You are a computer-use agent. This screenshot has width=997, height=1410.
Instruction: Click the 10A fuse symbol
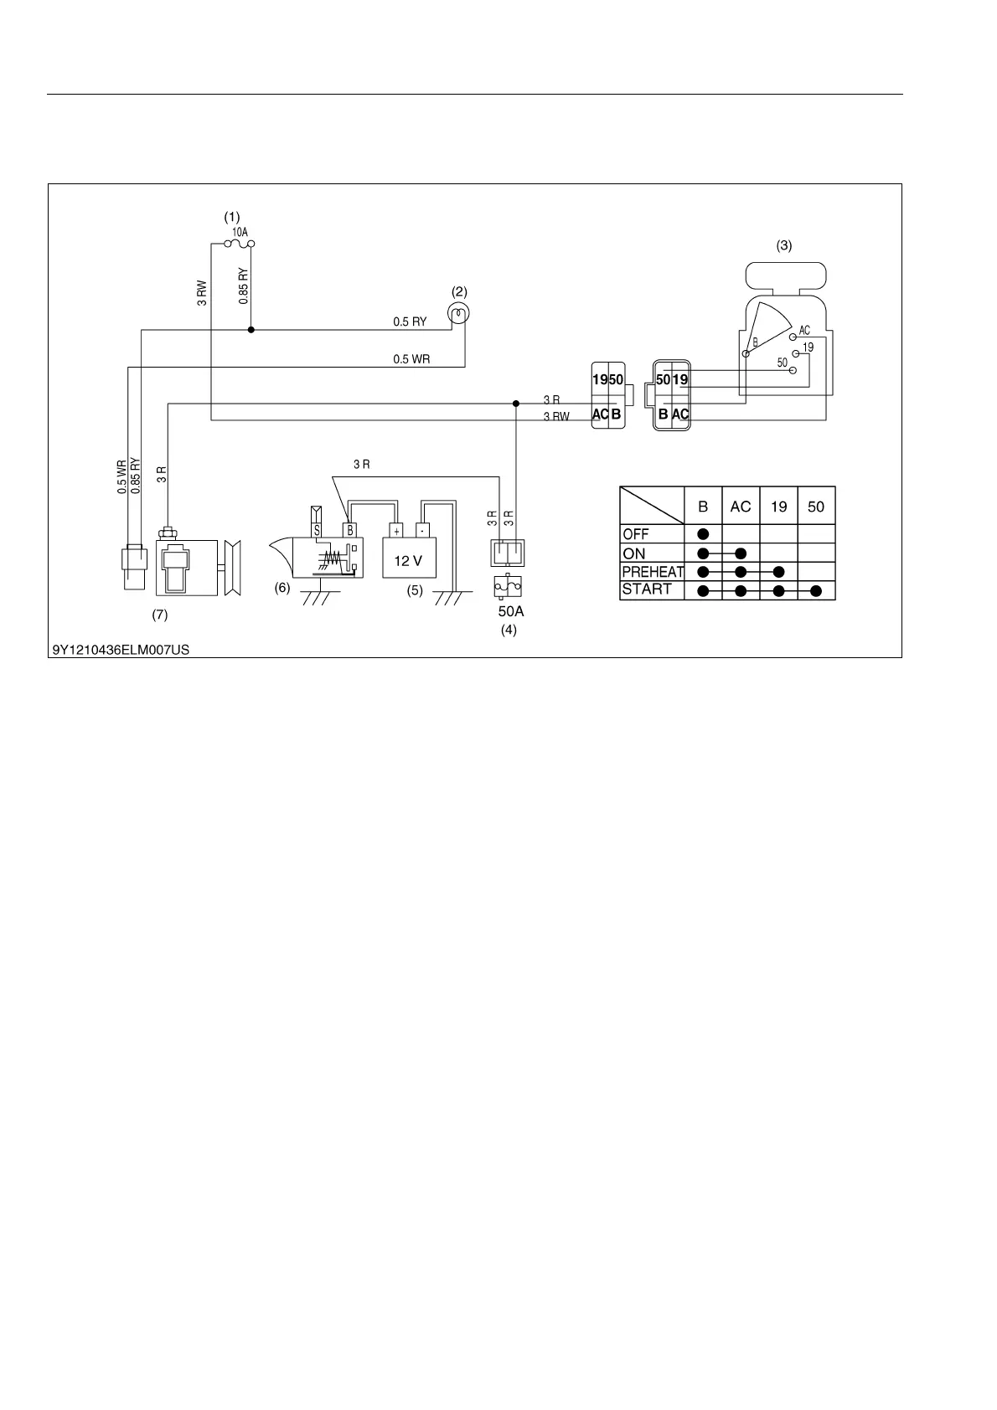(x=240, y=244)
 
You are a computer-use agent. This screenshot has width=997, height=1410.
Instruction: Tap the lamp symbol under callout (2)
(x=459, y=314)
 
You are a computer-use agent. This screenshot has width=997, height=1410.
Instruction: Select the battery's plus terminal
(x=395, y=530)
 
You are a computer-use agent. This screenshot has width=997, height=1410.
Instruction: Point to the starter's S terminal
(x=317, y=530)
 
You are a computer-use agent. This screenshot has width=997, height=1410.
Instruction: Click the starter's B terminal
(x=350, y=530)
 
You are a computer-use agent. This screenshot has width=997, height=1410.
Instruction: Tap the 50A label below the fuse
(x=510, y=612)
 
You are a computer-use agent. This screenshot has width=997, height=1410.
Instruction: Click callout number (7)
(x=160, y=615)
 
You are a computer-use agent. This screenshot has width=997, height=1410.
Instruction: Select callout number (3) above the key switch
(x=783, y=246)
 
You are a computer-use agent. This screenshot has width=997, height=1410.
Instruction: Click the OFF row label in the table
(x=636, y=534)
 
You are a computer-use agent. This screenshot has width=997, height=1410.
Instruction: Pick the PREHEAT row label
(x=653, y=572)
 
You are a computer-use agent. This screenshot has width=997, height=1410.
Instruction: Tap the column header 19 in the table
(x=779, y=507)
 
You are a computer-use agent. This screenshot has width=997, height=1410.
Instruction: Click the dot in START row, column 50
(x=816, y=591)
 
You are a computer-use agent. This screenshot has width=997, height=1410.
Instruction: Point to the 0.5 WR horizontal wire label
(x=411, y=359)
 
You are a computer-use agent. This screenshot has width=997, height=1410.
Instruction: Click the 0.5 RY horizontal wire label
(x=410, y=322)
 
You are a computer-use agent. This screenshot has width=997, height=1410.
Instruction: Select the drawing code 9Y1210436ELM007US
(x=121, y=649)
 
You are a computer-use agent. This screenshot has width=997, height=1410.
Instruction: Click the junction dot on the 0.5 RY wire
(x=251, y=330)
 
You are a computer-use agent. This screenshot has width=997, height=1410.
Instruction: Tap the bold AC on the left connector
(x=601, y=414)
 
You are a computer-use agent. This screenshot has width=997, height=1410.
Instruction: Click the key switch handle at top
(x=785, y=275)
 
